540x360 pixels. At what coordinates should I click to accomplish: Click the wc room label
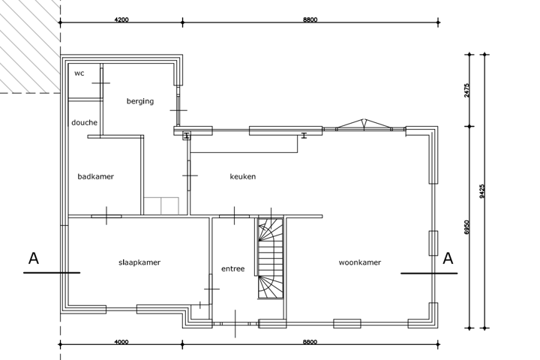pos(79,73)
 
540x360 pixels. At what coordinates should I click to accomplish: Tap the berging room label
pos(140,101)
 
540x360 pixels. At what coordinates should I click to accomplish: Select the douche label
pos(84,122)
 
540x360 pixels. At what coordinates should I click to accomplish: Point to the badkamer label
pos(95,176)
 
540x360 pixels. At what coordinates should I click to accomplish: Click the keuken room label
pos(243,176)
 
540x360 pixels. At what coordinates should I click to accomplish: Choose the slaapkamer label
pos(139,262)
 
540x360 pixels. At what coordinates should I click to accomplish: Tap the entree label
pos(232,268)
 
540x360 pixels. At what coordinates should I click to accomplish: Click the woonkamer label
pos(359,262)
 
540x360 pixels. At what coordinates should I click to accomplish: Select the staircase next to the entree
pos(271,258)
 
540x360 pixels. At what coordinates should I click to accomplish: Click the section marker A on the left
pos(34,259)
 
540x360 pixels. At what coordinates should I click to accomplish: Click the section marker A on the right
pos(448,259)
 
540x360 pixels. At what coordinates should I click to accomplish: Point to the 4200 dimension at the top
pos(121,19)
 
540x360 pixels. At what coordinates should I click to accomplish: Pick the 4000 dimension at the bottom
pos(121,342)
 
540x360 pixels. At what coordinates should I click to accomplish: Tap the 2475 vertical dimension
pos(466,90)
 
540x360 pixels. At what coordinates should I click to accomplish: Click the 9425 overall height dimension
pos(481,191)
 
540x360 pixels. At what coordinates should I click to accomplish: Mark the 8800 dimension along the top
pos(310,19)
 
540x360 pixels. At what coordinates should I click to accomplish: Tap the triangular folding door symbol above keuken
pos(364,124)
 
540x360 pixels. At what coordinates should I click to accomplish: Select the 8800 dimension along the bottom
pos(310,342)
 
